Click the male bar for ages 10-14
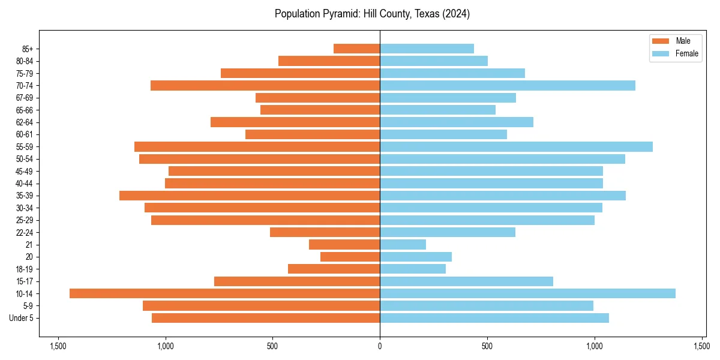tap(224, 293)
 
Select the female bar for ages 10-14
tap(527, 293)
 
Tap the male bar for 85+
tap(356, 49)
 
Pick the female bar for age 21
tap(403, 244)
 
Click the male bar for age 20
tap(350, 257)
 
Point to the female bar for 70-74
tap(507, 85)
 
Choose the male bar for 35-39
tap(250, 196)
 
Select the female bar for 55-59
tap(516, 146)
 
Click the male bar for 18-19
tap(334, 269)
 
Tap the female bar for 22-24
tap(447, 232)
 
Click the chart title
tap(372, 14)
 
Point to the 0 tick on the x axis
tap(380, 346)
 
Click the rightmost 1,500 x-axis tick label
tap(701, 346)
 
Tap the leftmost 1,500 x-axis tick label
tap(58, 346)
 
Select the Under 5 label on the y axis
tap(22, 318)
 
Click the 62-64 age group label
tap(25, 122)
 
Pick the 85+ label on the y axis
tap(28, 49)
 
